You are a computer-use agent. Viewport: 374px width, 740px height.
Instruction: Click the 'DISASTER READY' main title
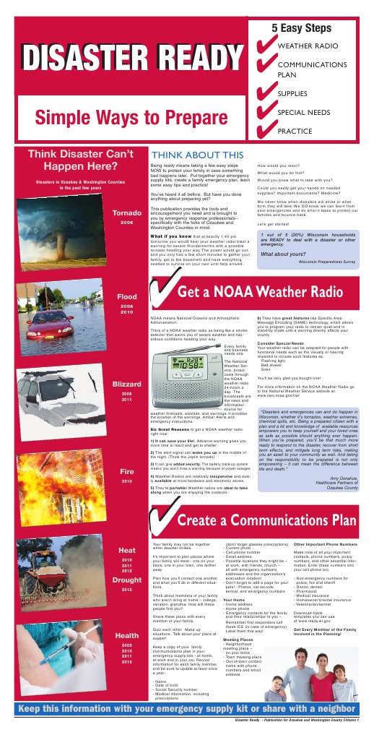tap(127, 60)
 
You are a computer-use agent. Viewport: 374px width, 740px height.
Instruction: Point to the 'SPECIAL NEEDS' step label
tap(303, 113)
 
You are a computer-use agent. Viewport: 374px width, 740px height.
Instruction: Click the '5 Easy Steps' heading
tap(301, 26)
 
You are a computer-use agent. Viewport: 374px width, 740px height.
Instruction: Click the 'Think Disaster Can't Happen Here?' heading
tap(81, 160)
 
